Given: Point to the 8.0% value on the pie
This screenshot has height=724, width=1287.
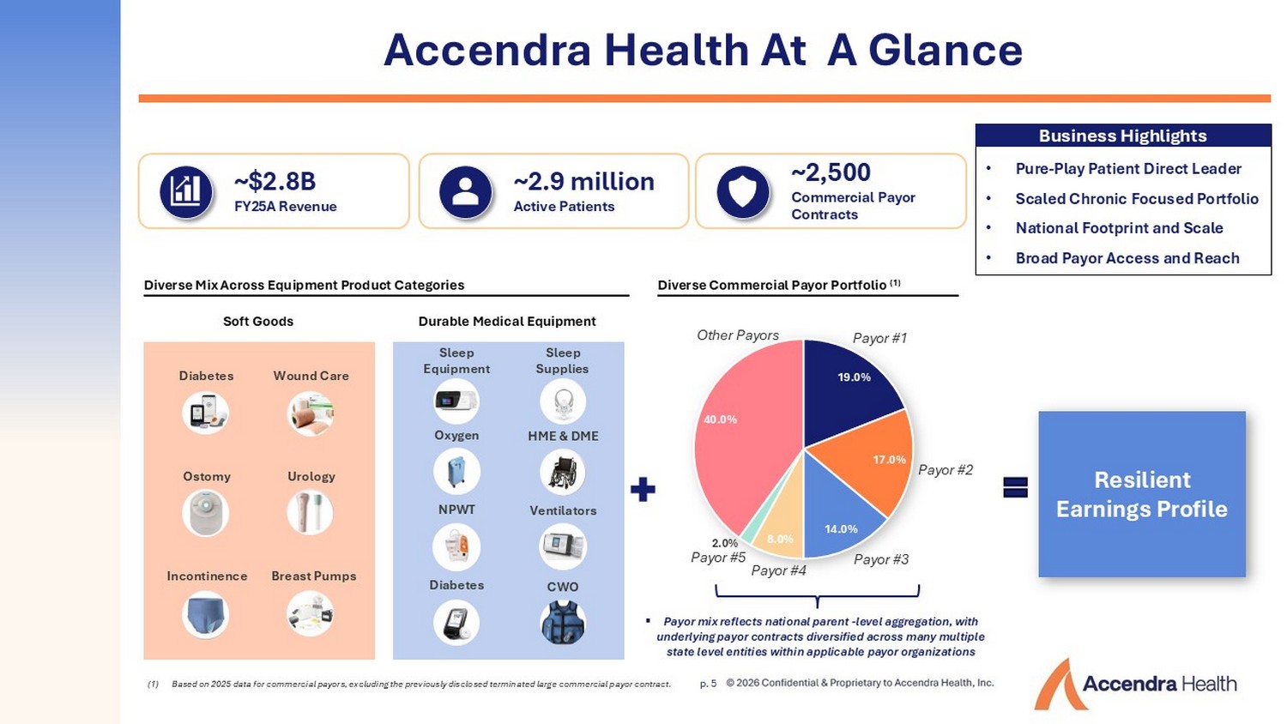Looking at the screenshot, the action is (x=780, y=539).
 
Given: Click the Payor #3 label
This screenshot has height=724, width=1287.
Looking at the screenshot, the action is (x=881, y=559).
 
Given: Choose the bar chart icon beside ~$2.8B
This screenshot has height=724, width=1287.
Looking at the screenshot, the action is (x=185, y=192).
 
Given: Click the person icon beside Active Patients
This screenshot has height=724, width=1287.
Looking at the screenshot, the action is (x=465, y=192).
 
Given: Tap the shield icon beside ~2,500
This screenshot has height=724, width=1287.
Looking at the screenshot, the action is (x=743, y=192).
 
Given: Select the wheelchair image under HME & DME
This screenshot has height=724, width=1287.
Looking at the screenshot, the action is (x=563, y=472).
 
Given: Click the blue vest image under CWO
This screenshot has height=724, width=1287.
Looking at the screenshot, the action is (x=563, y=622).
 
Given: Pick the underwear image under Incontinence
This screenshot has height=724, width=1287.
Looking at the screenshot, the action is (x=205, y=615).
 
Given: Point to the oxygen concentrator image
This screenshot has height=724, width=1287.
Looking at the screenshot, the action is (x=456, y=471).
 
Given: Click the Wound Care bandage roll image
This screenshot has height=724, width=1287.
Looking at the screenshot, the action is (x=311, y=413).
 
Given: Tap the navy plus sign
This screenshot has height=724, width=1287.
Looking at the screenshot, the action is (x=643, y=490).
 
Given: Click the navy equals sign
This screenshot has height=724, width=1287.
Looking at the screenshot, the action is (x=1015, y=487).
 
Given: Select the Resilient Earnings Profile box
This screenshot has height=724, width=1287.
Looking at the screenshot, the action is (x=1142, y=494).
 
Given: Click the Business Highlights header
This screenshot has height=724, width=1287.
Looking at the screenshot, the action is (x=1122, y=136).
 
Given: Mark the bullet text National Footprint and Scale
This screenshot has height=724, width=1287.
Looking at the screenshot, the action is (x=1119, y=228).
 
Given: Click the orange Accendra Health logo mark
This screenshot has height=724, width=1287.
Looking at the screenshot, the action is (x=1060, y=684).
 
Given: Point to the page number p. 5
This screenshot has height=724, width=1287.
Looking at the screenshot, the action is (x=708, y=684).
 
